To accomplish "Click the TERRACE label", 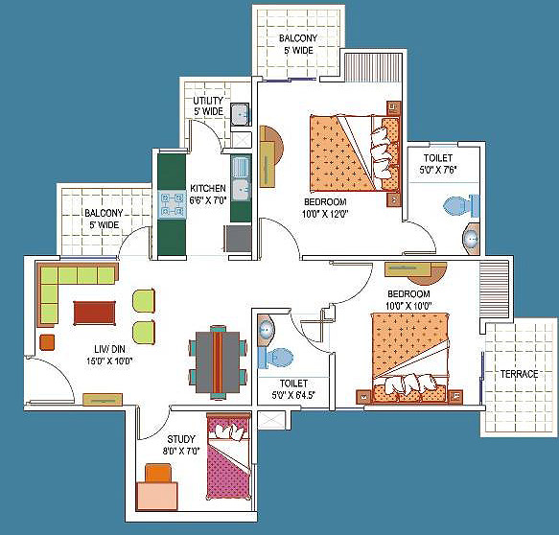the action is pyautogui.click(x=519, y=374).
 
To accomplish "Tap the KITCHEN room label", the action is pyautogui.click(x=208, y=188).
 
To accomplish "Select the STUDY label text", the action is pyautogui.click(x=181, y=439).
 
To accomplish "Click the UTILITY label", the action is pyautogui.click(x=208, y=101).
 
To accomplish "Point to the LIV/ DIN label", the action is pyautogui.click(x=109, y=349).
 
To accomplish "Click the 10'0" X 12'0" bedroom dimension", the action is pyautogui.click(x=325, y=214).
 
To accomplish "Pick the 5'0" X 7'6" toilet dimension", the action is pyautogui.click(x=438, y=170).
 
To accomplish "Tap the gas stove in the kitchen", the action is pyautogui.click(x=173, y=204).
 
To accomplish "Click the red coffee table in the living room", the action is pyautogui.click(x=95, y=313).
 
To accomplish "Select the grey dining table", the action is pyautogui.click(x=218, y=361).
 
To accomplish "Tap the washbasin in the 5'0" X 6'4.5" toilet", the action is pyautogui.click(x=266, y=330).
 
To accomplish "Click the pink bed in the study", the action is pyautogui.click(x=228, y=456).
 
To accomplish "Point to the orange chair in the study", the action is pyautogui.click(x=158, y=473).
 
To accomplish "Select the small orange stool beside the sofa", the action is pyautogui.click(x=47, y=342).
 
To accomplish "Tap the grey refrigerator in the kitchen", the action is pyautogui.click(x=238, y=239).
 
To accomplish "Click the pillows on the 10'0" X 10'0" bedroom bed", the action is pyautogui.click(x=410, y=384).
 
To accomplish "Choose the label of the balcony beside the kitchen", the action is pyautogui.click(x=104, y=219).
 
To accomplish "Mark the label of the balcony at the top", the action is pyautogui.click(x=298, y=44).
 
